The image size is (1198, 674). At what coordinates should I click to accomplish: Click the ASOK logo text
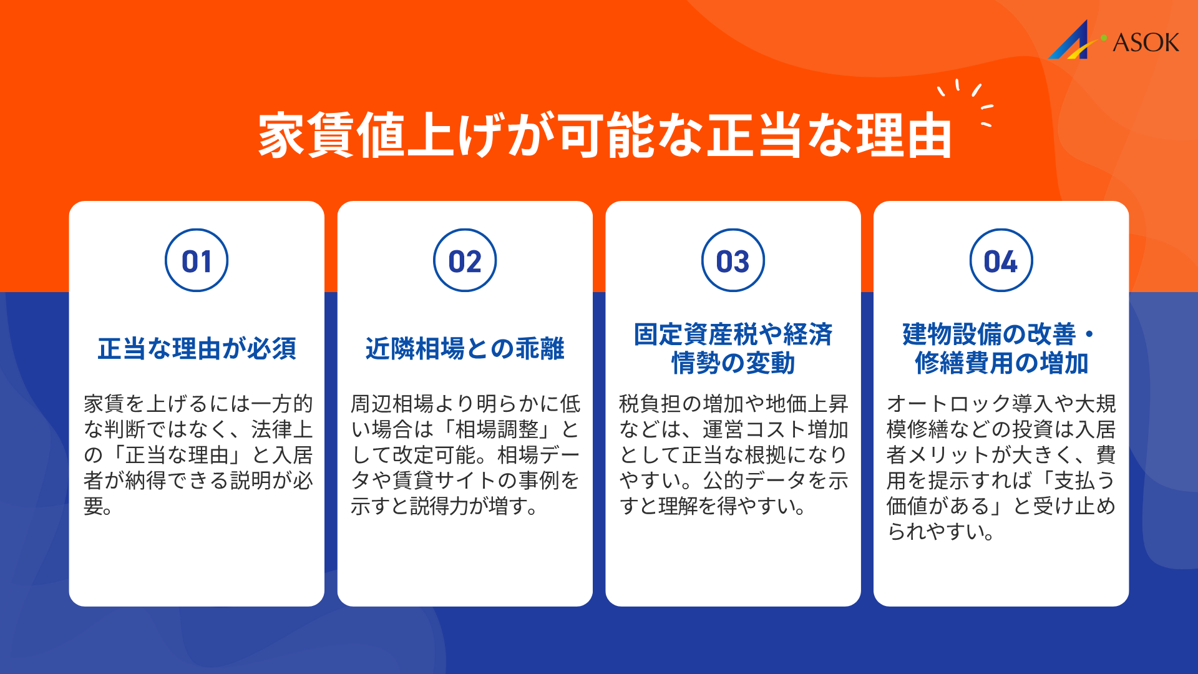pos(1146,42)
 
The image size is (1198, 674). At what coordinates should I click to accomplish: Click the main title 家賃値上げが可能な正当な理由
pos(604,135)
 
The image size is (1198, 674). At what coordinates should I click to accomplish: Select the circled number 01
pos(197,261)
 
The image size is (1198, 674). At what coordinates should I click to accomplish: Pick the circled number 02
pos(465,261)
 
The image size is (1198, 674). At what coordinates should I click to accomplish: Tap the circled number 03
pos(733,261)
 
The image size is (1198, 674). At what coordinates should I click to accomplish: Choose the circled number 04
pos(1001,261)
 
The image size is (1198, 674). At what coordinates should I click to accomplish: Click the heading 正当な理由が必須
pos(197,348)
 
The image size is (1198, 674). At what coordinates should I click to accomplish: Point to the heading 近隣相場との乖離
pos(465,348)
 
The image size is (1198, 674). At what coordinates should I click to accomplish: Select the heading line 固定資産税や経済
pos(733,335)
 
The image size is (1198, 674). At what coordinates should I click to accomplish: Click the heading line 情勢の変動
pos(733,363)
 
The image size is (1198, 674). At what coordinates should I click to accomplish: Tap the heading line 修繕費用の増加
pos(1001,363)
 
